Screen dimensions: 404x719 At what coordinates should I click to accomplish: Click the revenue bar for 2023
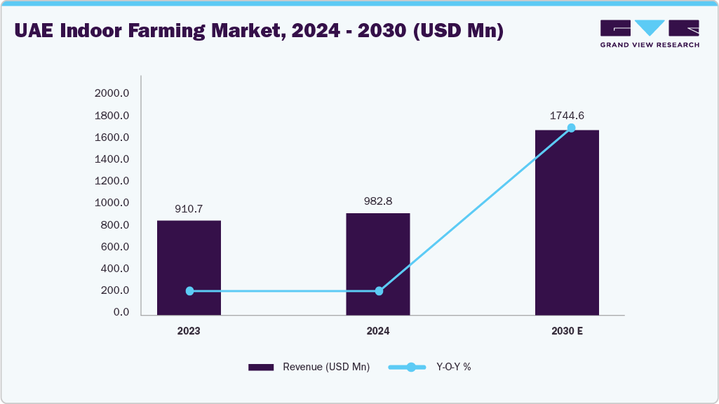tap(189, 267)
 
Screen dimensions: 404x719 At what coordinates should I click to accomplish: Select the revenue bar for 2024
tap(378, 264)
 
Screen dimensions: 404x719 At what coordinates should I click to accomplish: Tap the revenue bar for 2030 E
tap(567, 222)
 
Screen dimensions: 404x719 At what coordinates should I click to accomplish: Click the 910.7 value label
tap(189, 208)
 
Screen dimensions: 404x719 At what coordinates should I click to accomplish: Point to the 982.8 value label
tap(378, 201)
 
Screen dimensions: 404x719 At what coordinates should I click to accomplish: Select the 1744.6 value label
tap(567, 115)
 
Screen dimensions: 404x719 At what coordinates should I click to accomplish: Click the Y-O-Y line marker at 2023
tap(189, 291)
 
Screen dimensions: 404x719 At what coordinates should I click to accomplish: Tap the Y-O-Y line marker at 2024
tap(379, 291)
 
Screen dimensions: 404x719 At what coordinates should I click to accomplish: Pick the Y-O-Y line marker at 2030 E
tap(571, 128)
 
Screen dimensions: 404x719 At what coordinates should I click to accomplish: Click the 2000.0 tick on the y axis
tap(112, 93)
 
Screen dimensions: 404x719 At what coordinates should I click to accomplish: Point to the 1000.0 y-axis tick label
tap(112, 203)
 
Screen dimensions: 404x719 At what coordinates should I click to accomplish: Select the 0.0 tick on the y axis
tap(121, 312)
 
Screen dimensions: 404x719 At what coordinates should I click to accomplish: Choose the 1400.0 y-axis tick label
tap(112, 159)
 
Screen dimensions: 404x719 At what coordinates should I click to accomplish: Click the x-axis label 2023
tap(189, 330)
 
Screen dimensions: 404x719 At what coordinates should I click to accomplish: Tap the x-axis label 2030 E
tap(567, 330)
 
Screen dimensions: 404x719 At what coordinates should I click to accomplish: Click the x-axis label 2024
tap(378, 330)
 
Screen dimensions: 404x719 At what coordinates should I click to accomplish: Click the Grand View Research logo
tap(650, 34)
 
